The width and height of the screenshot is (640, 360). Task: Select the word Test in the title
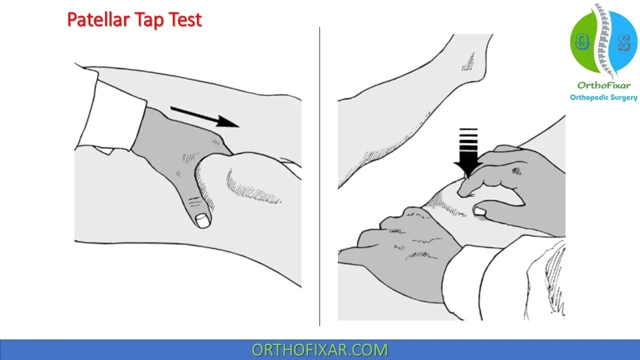[x=184, y=20]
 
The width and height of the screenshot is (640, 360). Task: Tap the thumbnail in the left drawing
[x=203, y=220]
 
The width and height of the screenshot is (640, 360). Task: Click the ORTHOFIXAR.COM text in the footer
[x=319, y=349]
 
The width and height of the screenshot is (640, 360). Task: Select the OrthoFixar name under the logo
[x=603, y=85]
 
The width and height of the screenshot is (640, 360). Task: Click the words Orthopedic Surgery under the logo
[x=603, y=97]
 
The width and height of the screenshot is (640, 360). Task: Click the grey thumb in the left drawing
[x=197, y=195]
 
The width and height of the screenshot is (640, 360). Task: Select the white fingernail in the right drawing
[x=479, y=211]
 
